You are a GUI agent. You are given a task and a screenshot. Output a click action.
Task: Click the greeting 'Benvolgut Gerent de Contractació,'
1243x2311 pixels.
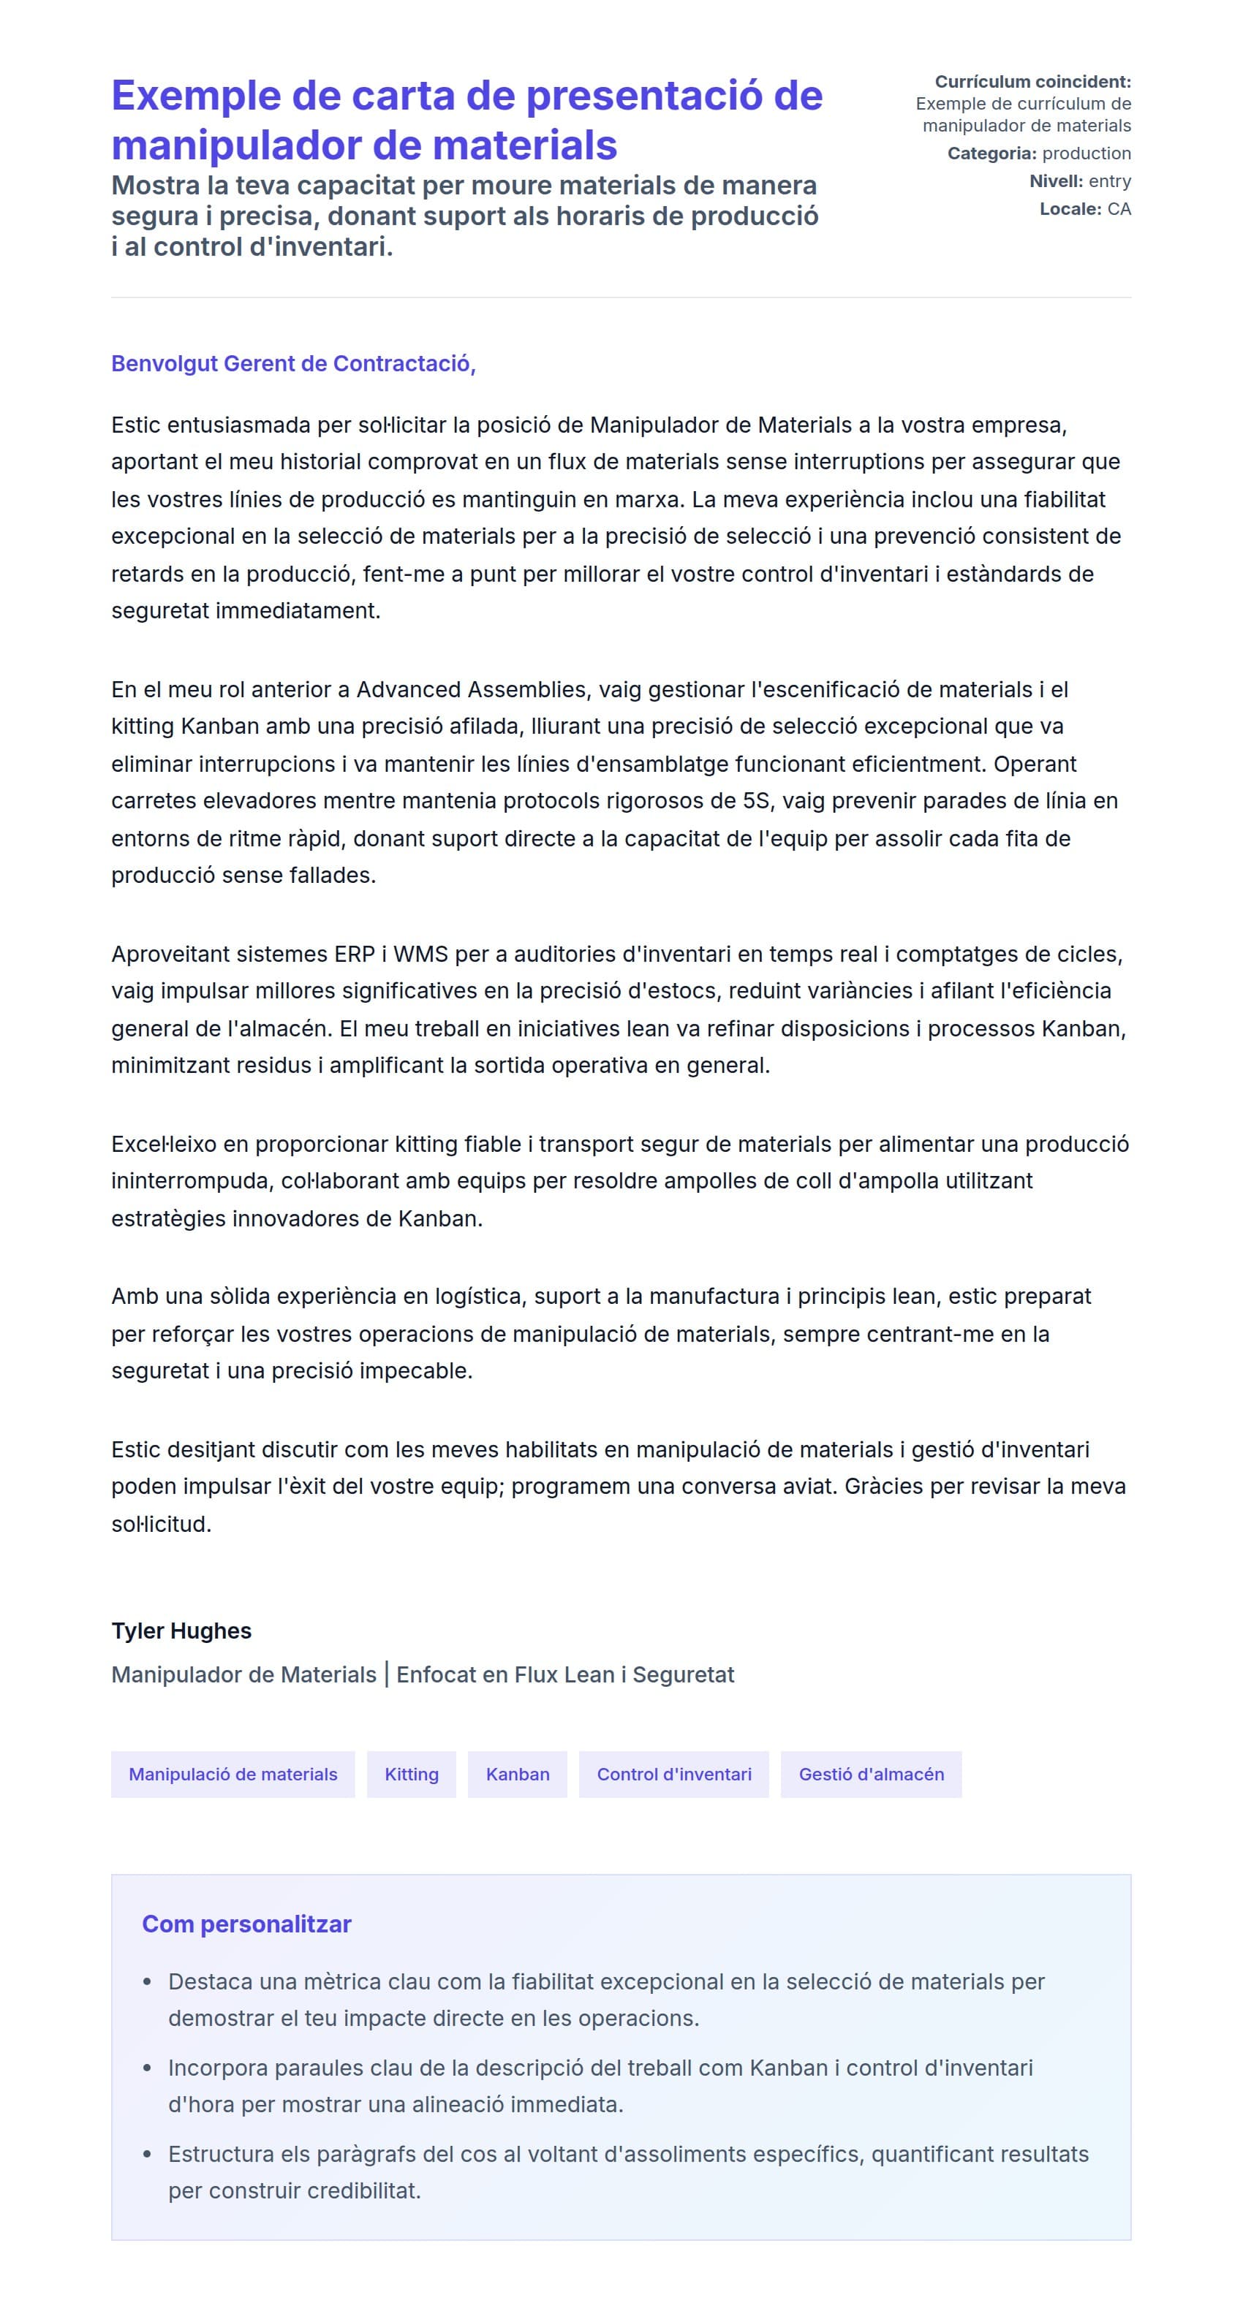point(292,363)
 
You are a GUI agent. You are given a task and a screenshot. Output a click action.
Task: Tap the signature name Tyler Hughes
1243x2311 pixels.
point(181,1630)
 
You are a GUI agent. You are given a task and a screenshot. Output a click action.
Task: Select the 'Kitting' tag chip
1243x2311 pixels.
point(411,1774)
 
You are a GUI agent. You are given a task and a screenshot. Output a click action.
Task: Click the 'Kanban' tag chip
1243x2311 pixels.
point(517,1774)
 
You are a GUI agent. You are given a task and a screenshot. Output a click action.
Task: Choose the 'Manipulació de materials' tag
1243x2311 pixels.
point(233,1774)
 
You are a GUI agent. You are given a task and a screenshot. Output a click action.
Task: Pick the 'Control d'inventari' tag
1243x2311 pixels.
point(673,1774)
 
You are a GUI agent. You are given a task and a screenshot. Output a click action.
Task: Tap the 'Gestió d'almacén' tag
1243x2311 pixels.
point(871,1774)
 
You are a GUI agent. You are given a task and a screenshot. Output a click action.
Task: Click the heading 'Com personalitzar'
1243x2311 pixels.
point(246,1924)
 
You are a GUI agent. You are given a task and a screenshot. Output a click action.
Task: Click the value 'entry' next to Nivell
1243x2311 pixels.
point(1109,181)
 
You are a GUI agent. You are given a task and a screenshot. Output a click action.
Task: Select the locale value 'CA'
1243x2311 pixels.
point(1119,209)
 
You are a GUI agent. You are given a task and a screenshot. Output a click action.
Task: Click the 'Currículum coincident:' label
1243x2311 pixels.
point(1032,82)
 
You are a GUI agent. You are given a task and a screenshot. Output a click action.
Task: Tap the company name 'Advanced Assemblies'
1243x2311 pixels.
point(471,689)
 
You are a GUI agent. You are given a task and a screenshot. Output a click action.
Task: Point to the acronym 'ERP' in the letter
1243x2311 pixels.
point(355,954)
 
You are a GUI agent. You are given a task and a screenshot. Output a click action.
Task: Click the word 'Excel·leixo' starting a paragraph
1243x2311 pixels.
point(165,1144)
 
